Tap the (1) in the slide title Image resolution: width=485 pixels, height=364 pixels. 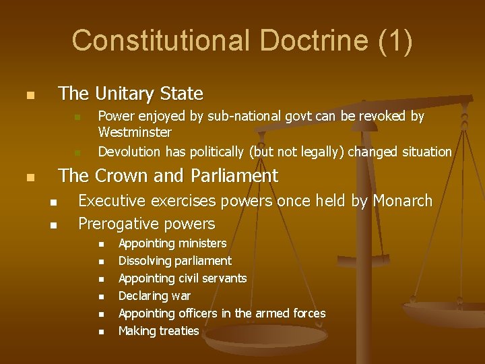click(395, 40)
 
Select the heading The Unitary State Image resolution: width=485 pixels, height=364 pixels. click(131, 93)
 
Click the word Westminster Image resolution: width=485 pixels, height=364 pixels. click(135, 132)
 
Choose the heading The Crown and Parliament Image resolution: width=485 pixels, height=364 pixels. click(168, 176)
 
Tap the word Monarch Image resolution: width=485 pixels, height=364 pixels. click(402, 201)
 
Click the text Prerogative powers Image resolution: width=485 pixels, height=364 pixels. click(147, 223)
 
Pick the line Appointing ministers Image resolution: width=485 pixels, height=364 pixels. click(172, 243)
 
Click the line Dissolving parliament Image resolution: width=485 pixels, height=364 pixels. click(174, 261)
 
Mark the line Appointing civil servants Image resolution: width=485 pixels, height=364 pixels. click(183, 278)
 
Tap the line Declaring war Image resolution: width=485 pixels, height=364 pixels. click(154, 296)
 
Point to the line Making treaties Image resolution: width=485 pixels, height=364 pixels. click(158, 331)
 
